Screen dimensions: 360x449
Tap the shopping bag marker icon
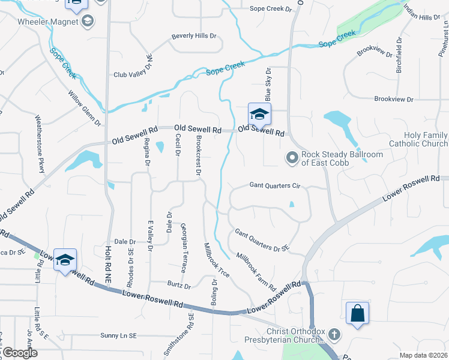point(357,313)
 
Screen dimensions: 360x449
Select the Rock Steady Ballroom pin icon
point(292,158)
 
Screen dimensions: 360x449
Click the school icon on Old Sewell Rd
point(259,114)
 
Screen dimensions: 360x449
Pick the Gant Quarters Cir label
point(274,186)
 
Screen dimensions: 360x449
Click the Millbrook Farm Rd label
point(255,271)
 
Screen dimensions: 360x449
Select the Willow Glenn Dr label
point(85,108)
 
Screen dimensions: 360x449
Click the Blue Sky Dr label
point(268,85)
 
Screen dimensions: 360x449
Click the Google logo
point(20,353)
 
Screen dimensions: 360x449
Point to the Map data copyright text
point(424,355)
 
